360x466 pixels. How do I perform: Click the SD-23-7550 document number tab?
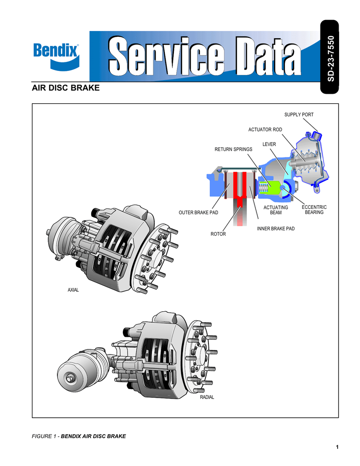click(x=330, y=58)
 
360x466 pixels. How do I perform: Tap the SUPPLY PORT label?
click(x=299, y=115)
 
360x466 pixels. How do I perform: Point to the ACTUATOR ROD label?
click(x=265, y=130)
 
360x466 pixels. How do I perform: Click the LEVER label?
click(x=269, y=144)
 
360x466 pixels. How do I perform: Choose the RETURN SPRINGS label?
click(x=233, y=149)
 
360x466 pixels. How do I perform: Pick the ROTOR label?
click(x=218, y=234)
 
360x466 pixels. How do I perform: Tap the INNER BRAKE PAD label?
click(x=276, y=228)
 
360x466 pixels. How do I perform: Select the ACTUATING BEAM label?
click(x=276, y=210)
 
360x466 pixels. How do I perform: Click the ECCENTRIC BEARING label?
click(x=314, y=210)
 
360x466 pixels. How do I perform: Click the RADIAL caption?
click(x=207, y=397)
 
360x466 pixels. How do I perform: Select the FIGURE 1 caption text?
click(x=79, y=436)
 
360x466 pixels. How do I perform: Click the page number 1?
click(x=337, y=447)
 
